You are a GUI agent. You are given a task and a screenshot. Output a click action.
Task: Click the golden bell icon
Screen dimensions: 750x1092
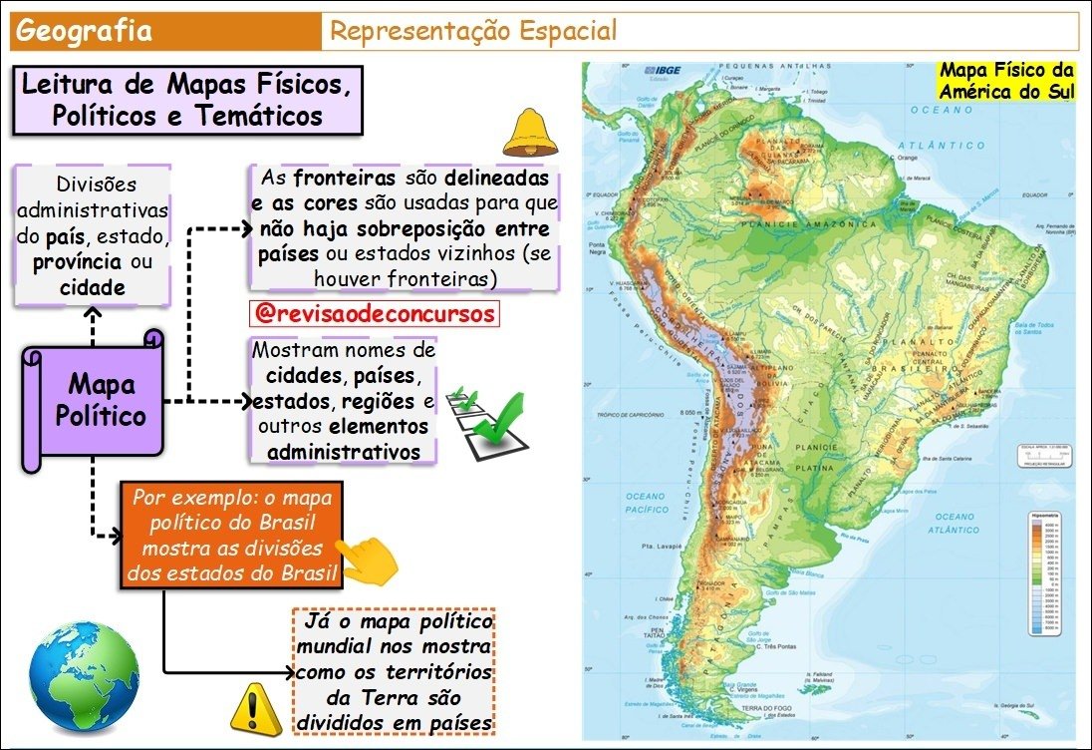[530, 134]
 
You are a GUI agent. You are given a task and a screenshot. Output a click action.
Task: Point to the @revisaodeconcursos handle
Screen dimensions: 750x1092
[374, 312]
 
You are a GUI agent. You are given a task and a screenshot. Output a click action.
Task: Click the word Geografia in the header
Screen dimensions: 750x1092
[85, 31]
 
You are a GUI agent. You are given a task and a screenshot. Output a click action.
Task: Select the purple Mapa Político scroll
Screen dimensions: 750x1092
[94, 400]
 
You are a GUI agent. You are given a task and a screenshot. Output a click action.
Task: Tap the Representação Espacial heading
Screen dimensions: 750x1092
[473, 31]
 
